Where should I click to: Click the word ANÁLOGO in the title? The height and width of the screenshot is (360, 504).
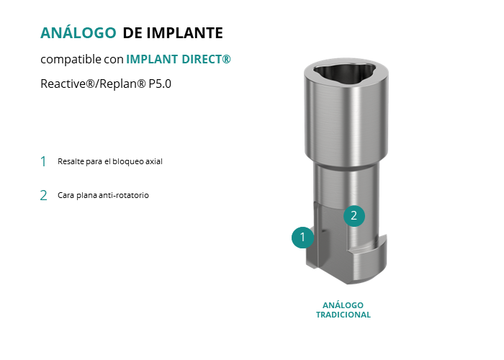(78, 33)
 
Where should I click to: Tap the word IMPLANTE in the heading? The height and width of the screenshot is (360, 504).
(185, 33)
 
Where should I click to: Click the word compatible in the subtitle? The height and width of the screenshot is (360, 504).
(71, 60)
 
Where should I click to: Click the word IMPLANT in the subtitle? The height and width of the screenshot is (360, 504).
(152, 59)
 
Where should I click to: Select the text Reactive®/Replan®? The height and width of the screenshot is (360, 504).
(93, 84)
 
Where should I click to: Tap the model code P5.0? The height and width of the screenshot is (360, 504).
(160, 84)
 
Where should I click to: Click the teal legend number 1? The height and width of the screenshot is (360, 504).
(43, 161)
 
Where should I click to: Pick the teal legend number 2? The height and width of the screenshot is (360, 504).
(43, 195)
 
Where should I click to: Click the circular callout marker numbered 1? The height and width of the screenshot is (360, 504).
(302, 237)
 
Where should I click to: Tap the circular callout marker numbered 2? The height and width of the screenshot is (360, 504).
(354, 216)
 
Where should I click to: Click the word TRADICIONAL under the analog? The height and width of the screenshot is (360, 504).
(343, 315)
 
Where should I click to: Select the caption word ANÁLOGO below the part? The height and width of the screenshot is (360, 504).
(343, 305)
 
